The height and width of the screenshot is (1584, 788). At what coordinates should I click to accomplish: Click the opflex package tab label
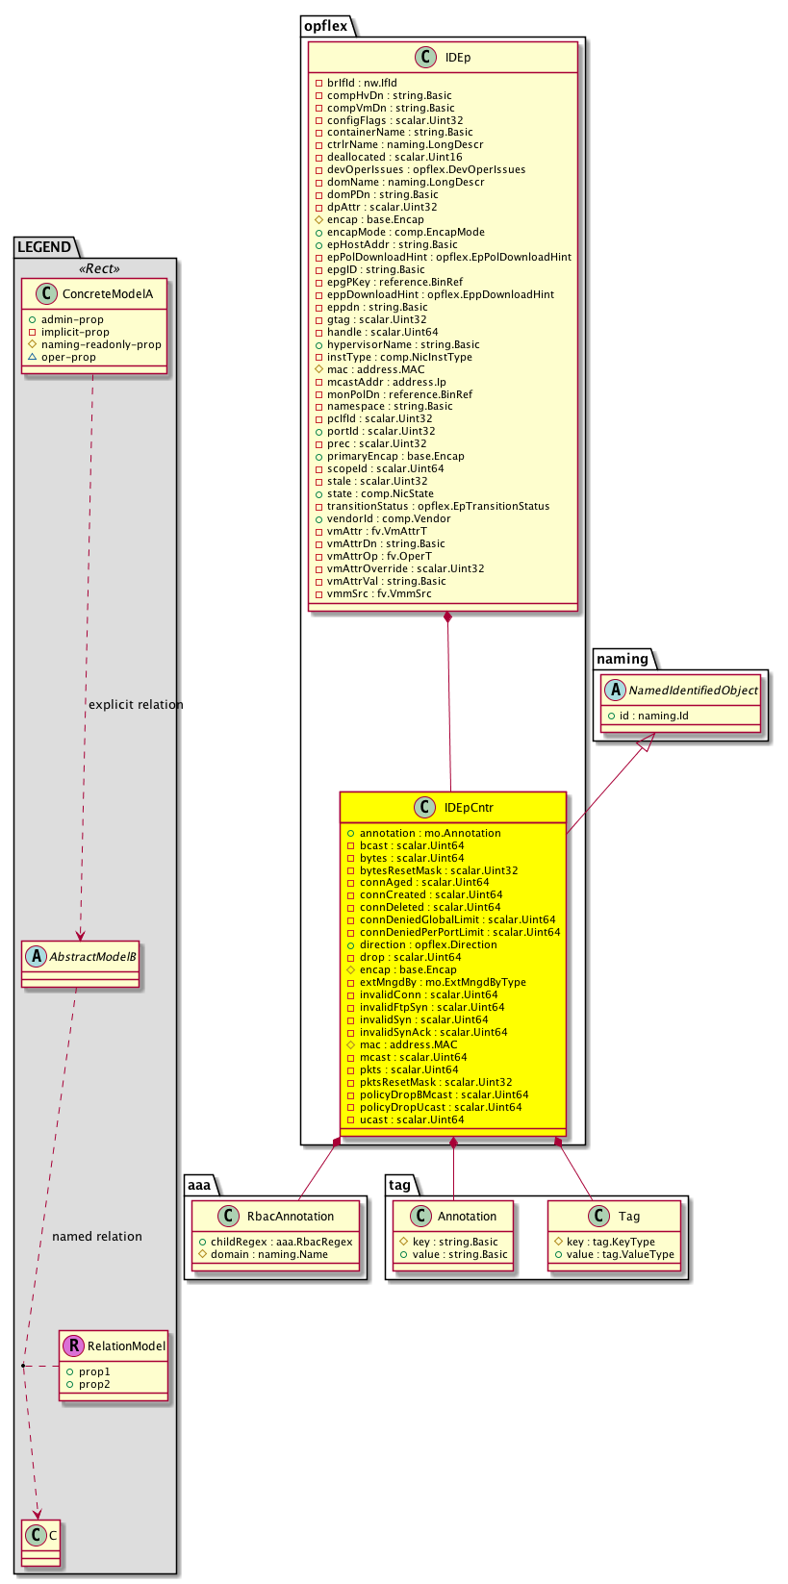click(x=325, y=26)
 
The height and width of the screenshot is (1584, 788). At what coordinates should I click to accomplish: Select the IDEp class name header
click(x=457, y=58)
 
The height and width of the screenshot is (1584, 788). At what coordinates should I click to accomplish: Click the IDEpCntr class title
click(x=469, y=808)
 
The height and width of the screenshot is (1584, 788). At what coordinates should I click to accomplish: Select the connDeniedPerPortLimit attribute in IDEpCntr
click(x=459, y=932)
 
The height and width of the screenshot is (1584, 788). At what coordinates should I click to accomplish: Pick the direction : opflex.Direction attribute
click(x=428, y=944)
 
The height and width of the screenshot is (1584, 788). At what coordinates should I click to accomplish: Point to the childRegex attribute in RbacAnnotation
click(x=281, y=1242)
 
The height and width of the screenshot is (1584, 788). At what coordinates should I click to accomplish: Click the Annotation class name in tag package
click(x=467, y=1217)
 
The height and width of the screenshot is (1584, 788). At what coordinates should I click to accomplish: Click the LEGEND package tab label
click(x=44, y=247)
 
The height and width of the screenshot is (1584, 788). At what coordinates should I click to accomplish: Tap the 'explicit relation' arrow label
click(x=136, y=705)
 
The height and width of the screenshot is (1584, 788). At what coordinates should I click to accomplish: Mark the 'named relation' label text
click(x=97, y=1237)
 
